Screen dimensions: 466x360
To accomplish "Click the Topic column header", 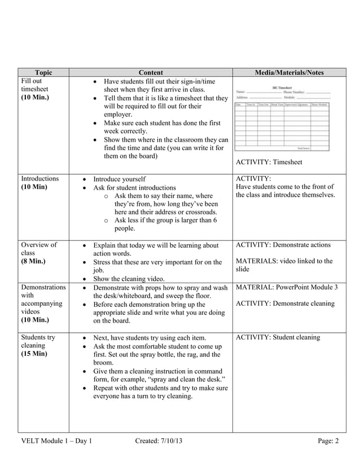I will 43,73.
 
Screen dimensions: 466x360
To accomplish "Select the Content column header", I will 150,73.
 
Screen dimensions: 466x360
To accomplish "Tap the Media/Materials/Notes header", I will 289,73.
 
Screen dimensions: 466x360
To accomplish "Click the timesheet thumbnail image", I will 282,117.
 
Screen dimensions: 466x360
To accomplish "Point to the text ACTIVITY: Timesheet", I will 269,162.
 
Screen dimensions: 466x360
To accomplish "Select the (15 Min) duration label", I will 34,354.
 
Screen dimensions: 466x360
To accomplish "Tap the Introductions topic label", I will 39,178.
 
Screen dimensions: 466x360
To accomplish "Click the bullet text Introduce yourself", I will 119,179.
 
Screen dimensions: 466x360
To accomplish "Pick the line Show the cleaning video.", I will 129,279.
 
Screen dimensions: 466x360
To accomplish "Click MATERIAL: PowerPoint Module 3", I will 287,287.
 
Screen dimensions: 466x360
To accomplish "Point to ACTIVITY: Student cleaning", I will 278,337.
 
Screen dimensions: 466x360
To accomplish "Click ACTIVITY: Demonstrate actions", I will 283,245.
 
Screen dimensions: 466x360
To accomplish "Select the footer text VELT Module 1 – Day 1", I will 56,441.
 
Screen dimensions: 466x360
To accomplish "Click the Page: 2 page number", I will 328,441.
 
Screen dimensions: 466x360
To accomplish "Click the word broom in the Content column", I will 103,363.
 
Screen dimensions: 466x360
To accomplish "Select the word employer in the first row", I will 119,114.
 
